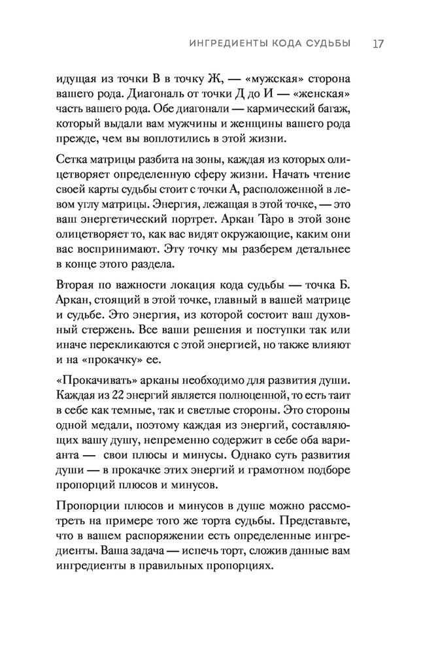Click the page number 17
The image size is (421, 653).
point(378,44)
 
